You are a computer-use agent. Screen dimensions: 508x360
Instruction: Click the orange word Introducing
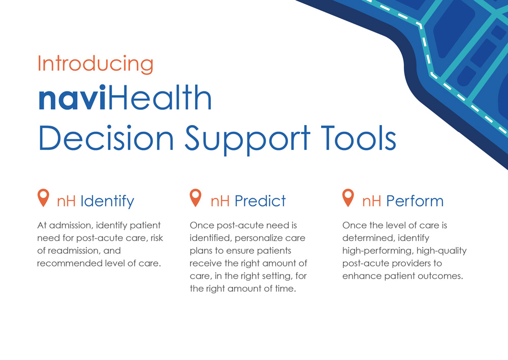click(96, 64)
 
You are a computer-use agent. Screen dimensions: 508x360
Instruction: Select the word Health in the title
click(160, 97)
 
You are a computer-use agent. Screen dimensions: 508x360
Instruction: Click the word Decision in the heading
click(106, 138)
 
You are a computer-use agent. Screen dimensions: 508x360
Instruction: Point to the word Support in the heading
click(247, 140)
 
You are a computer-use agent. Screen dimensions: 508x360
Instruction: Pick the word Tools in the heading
click(359, 138)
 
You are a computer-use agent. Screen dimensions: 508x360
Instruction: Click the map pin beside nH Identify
click(43, 198)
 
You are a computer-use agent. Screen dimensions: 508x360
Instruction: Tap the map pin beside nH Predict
click(196, 198)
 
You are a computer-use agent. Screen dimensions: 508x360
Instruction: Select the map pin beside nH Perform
click(348, 198)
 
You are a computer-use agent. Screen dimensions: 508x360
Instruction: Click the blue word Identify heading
click(107, 202)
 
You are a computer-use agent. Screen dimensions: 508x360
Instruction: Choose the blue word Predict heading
click(260, 201)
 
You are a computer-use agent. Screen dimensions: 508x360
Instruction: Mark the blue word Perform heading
click(415, 201)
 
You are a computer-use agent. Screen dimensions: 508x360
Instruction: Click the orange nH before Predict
click(220, 201)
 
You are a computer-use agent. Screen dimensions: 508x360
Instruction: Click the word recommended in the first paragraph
click(70, 263)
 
